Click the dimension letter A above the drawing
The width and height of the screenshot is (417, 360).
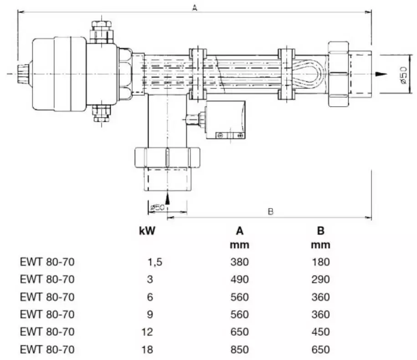[x=195, y=8]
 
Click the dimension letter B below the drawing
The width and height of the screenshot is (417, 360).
[x=270, y=212]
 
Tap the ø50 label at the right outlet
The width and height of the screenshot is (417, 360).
[x=403, y=75]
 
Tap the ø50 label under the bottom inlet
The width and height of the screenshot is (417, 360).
[x=157, y=207]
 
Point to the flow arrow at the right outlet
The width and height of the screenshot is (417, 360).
[x=381, y=74]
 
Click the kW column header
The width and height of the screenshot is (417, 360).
[x=147, y=231]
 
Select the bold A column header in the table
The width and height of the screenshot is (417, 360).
[x=240, y=231]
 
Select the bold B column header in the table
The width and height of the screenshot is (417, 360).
[x=321, y=231]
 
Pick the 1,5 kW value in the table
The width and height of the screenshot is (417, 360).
[x=155, y=262]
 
